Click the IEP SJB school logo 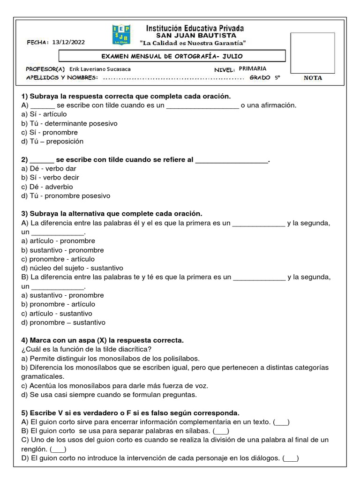pyautogui.click(x=122, y=35)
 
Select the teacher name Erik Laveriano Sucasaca pyautogui.click(x=100, y=69)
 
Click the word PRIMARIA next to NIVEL pyautogui.click(x=253, y=68)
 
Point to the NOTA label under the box pyautogui.click(x=313, y=78)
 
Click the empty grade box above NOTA pyautogui.click(x=313, y=52)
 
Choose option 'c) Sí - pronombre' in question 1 pyautogui.click(x=50, y=132)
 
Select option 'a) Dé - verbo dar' pyautogui.click(x=49, y=168)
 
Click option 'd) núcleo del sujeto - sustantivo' pyautogui.click(x=72, y=268)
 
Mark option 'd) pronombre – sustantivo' pyautogui.click(x=63, y=322)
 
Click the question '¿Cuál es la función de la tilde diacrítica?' pyautogui.click(x=87, y=349)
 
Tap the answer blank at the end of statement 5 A pyautogui.click(x=281, y=422)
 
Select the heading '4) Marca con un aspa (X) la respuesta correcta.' pyautogui.click(x=103, y=340)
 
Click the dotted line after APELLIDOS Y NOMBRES pyautogui.click(x=173, y=78)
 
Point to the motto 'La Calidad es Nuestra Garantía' pyautogui.click(x=193, y=43)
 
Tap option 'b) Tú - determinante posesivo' pyautogui.click(x=69, y=123)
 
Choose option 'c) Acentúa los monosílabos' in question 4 pyautogui.click(x=114, y=385)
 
